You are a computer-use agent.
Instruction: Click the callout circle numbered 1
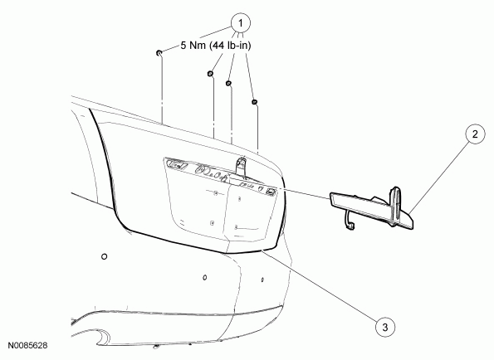coord(241,23)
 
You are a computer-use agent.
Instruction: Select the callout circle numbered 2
coord(475,134)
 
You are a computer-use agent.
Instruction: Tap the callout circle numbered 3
coord(385,327)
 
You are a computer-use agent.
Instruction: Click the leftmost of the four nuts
coord(159,52)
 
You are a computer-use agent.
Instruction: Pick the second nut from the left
coord(210,74)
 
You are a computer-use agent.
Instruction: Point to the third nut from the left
coord(228,83)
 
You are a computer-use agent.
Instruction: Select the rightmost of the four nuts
coord(254,102)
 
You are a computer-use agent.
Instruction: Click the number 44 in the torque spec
coord(219,46)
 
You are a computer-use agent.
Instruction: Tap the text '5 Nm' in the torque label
coord(193,46)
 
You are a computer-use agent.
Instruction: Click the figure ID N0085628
coord(27,346)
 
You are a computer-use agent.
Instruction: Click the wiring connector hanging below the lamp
coord(350,225)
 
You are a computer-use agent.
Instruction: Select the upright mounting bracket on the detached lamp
coord(395,205)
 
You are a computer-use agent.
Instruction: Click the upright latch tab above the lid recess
coord(241,166)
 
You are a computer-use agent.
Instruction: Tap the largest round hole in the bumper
coord(105,256)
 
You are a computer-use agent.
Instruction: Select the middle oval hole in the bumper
coord(205,277)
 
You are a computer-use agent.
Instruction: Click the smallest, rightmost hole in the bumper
coord(262,280)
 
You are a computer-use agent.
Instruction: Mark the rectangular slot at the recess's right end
coord(271,191)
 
